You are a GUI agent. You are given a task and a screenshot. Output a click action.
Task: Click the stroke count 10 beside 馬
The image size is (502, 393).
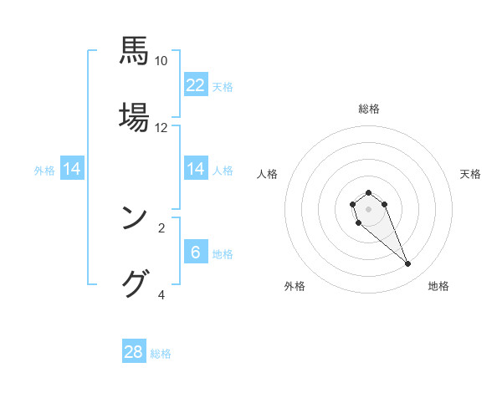161,61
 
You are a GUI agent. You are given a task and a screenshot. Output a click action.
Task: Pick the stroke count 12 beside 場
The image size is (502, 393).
161,128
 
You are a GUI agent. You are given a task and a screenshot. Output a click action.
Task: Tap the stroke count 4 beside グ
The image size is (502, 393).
161,294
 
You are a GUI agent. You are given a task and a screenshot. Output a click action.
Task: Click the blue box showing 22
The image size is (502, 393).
196,85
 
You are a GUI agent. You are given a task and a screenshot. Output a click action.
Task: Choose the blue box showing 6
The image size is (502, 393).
196,253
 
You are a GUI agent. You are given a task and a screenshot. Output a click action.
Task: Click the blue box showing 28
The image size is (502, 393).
134,352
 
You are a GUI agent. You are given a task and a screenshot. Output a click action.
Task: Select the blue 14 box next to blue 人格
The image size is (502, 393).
196,169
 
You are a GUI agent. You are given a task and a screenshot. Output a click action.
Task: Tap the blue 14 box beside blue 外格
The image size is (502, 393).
72,169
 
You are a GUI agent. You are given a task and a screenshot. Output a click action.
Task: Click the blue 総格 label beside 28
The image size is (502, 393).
161,354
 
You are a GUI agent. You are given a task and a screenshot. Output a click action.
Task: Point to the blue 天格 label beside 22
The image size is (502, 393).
223,87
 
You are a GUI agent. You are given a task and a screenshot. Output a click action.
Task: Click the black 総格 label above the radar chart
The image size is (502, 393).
368,109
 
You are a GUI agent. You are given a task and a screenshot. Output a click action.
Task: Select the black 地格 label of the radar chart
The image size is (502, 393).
438,286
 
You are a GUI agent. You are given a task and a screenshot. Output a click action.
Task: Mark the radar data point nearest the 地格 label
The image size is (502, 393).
407,264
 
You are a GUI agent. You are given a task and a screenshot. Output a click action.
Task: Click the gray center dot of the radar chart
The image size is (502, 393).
368,209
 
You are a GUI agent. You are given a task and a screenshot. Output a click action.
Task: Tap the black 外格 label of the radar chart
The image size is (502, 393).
295,286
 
